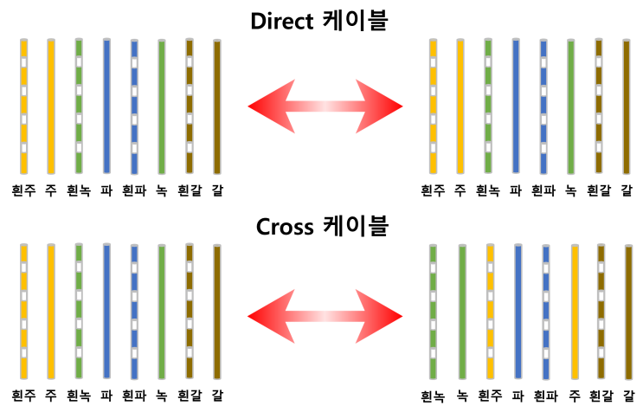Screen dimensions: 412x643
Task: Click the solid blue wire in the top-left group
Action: (106, 106)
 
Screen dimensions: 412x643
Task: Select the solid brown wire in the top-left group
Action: (217, 106)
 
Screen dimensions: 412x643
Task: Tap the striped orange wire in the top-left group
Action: (24, 106)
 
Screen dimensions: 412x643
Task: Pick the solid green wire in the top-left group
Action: (162, 106)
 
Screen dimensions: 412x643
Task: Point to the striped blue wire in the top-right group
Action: (543, 106)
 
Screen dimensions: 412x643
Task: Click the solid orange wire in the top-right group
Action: (460, 106)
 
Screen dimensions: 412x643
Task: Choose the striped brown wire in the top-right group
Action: (598, 106)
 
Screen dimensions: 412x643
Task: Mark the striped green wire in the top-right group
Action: (488, 106)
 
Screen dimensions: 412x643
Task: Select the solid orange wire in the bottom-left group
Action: (51, 312)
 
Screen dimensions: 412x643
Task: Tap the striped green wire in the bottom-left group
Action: (79, 312)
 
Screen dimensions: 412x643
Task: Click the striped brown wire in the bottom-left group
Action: (190, 312)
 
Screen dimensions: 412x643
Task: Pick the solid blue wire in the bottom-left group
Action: (106, 312)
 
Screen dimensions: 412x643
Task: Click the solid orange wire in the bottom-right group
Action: (575, 312)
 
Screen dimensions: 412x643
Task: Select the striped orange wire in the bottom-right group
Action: (491, 312)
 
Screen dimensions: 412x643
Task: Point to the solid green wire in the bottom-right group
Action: (463, 312)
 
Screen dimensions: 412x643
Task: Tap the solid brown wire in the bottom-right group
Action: (628, 312)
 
